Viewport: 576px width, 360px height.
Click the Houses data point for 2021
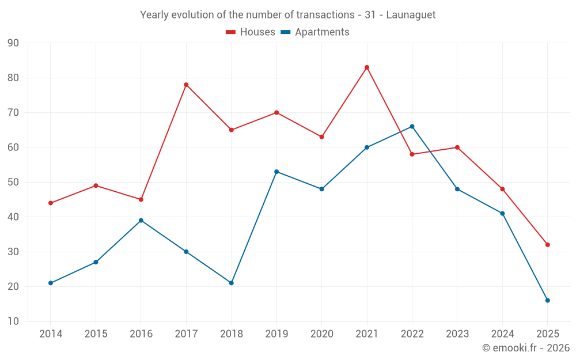[367, 67]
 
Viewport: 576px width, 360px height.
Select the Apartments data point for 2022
[412, 127]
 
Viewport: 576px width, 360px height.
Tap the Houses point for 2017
[186, 85]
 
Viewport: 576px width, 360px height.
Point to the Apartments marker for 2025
[547, 300]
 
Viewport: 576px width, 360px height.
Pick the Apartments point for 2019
[276, 172]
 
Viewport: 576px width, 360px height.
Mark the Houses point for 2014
[51, 203]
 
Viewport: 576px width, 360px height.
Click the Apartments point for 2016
[141, 221]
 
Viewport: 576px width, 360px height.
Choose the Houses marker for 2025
[547, 245]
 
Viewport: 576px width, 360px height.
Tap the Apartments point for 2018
[232, 283]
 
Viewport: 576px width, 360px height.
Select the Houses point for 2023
[457, 147]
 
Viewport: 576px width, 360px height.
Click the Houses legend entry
[251, 32]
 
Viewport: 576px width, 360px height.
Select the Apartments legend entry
[315, 32]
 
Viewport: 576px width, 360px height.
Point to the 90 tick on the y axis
[13, 43]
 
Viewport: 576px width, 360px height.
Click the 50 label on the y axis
[13, 183]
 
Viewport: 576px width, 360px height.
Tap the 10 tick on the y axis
[13, 321]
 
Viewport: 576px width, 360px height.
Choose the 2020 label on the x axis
[321, 334]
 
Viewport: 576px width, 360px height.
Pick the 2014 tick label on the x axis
[51, 334]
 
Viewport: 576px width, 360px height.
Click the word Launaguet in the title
[411, 15]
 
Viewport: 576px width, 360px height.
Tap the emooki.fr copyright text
[526, 348]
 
